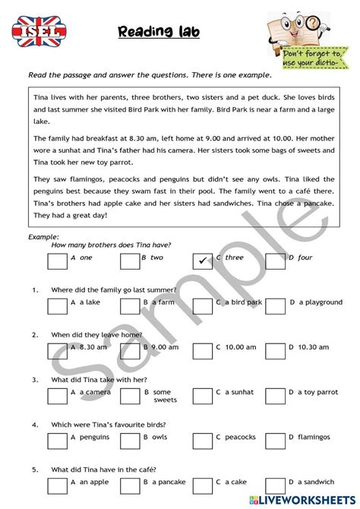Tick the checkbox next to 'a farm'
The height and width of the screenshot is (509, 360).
[x=130, y=306]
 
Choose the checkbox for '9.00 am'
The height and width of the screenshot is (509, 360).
[x=130, y=350]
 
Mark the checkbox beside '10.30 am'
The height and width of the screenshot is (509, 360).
[x=275, y=350]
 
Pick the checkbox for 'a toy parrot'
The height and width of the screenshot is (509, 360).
[x=275, y=395]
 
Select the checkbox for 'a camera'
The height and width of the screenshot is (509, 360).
[x=57, y=395]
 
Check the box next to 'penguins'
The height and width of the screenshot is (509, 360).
[x=57, y=441]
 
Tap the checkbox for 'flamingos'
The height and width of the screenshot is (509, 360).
[x=275, y=441]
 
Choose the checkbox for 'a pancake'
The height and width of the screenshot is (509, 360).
[x=130, y=484]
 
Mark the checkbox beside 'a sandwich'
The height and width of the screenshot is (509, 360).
[x=275, y=484]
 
